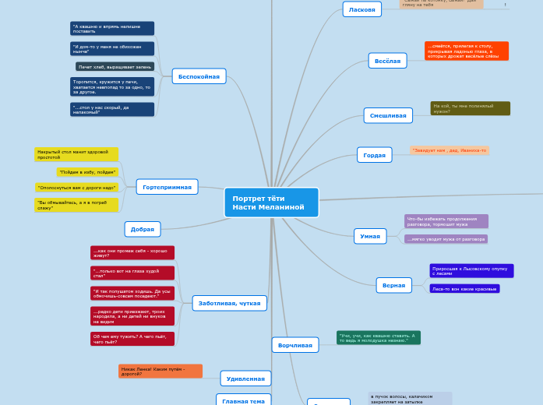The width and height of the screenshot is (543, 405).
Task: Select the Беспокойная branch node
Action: tap(199, 76)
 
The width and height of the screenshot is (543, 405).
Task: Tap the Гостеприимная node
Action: tap(167, 187)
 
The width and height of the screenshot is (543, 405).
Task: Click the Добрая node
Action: tap(143, 229)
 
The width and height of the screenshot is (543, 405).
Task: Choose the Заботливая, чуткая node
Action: tap(229, 303)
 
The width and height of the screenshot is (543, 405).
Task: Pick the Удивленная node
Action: tap(245, 379)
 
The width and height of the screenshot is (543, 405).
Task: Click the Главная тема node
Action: tap(243, 400)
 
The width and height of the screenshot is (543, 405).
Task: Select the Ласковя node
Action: tap(361, 9)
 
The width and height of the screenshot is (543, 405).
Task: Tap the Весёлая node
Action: tap(387, 61)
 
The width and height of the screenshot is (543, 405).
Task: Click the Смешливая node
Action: tap(388, 115)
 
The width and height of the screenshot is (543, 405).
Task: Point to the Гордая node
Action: tap(374, 155)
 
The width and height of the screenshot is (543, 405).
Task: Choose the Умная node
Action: tap(369, 235)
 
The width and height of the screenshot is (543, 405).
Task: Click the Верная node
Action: tap(394, 285)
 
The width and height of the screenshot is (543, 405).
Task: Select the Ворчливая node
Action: tap(295, 344)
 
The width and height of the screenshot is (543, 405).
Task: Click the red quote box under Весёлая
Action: tap(466, 51)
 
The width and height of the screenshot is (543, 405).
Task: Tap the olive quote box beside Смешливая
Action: tap(470, 108)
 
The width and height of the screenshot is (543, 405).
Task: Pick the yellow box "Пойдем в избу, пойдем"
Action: tap(86, 172)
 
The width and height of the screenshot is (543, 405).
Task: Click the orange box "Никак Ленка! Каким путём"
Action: tap(160, 371)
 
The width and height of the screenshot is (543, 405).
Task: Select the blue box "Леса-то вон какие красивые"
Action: tap(464, 289)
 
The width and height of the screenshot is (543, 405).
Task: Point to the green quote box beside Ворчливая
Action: tap(378, 337)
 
